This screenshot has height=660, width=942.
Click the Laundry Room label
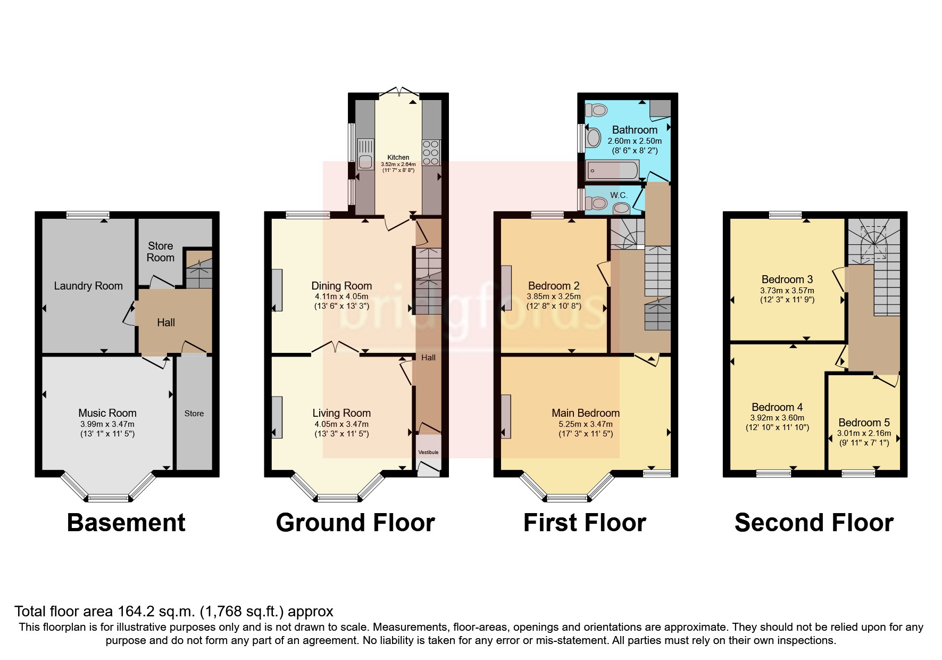(x=88, y=286)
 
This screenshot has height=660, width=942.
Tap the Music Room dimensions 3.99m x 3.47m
(x=107, y=424)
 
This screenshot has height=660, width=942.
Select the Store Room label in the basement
(x=160, y=252)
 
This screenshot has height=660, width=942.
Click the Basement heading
(x=126, y=523)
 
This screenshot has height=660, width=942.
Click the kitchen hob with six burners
(x=431, y=153)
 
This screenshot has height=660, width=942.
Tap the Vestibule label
(x=429, y=452)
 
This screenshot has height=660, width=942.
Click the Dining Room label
(x=341, y=286)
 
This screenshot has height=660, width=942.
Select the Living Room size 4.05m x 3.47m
(x=341, y=424)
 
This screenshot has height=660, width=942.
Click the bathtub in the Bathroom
(x=612, y=172)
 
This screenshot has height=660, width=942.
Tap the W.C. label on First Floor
(x=619, y=195)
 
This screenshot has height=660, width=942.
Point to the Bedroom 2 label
(x=554, y=286)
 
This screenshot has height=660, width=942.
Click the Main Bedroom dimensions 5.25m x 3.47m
(x=585, y=424)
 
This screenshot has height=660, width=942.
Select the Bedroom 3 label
(x=787, y=279)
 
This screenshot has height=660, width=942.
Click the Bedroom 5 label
(x=863, y=423)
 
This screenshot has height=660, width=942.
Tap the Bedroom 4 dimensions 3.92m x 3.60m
(x=777, y=418)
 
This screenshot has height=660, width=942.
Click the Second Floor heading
(x=814, y=523)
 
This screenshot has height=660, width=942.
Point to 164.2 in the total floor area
(x=126, y=611)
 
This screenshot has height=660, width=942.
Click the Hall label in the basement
(x=166, y=323)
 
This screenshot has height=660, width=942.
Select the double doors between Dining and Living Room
(x=335, y=348)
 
